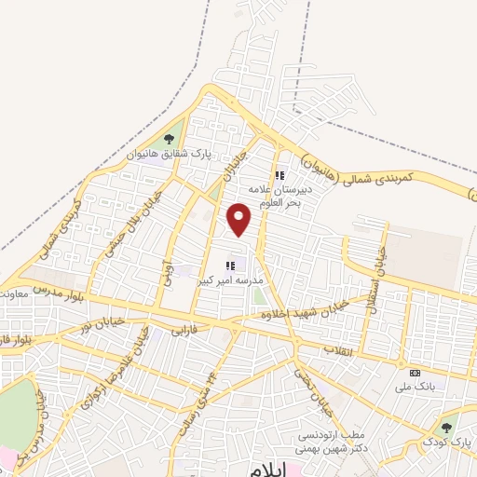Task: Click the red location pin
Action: click(x=240, y=220)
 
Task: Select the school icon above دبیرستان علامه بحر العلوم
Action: click(x=278, y=174)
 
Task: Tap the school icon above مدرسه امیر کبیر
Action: click(x=230, y=266)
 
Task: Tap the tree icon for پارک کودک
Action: click(x=446, y=428)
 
